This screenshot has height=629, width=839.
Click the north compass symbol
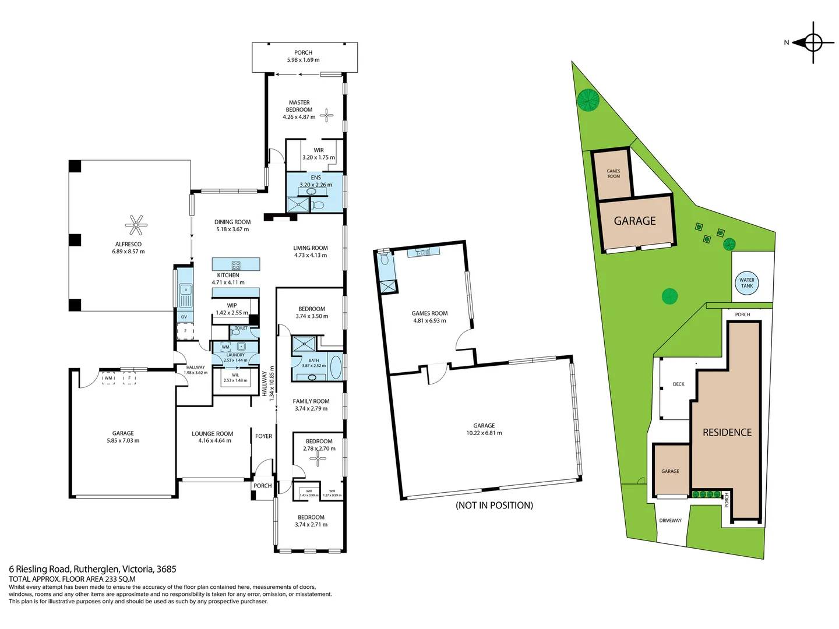tap(813, 43)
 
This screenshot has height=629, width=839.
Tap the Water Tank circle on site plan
tap(746, 283)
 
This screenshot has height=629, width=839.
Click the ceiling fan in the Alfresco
tap(136, 225)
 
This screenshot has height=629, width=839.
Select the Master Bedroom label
tap(299, 106)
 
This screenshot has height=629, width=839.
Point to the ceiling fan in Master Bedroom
tap(327, 115)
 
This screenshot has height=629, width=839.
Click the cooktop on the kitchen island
tap(236, 265)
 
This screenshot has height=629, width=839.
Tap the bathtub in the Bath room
tap(336, 367)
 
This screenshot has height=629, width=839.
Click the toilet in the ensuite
tap(318, 205)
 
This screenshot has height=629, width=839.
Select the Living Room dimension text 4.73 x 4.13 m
tap(310, 255)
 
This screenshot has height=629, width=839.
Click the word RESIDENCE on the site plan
tap(727, 432)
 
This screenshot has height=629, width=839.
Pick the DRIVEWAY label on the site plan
tap(670, 521)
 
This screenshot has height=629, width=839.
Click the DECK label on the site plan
tap(678, 384)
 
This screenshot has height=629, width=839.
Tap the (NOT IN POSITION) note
tap(494, 505)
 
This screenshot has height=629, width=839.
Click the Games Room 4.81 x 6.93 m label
tap(429, 317)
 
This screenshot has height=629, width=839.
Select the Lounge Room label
tap(212, 434)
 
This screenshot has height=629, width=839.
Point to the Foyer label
tap(263, 436)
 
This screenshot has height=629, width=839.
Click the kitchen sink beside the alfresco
tap(185, 289)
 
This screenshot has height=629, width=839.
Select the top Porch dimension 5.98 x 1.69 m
tap(303, 60)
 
